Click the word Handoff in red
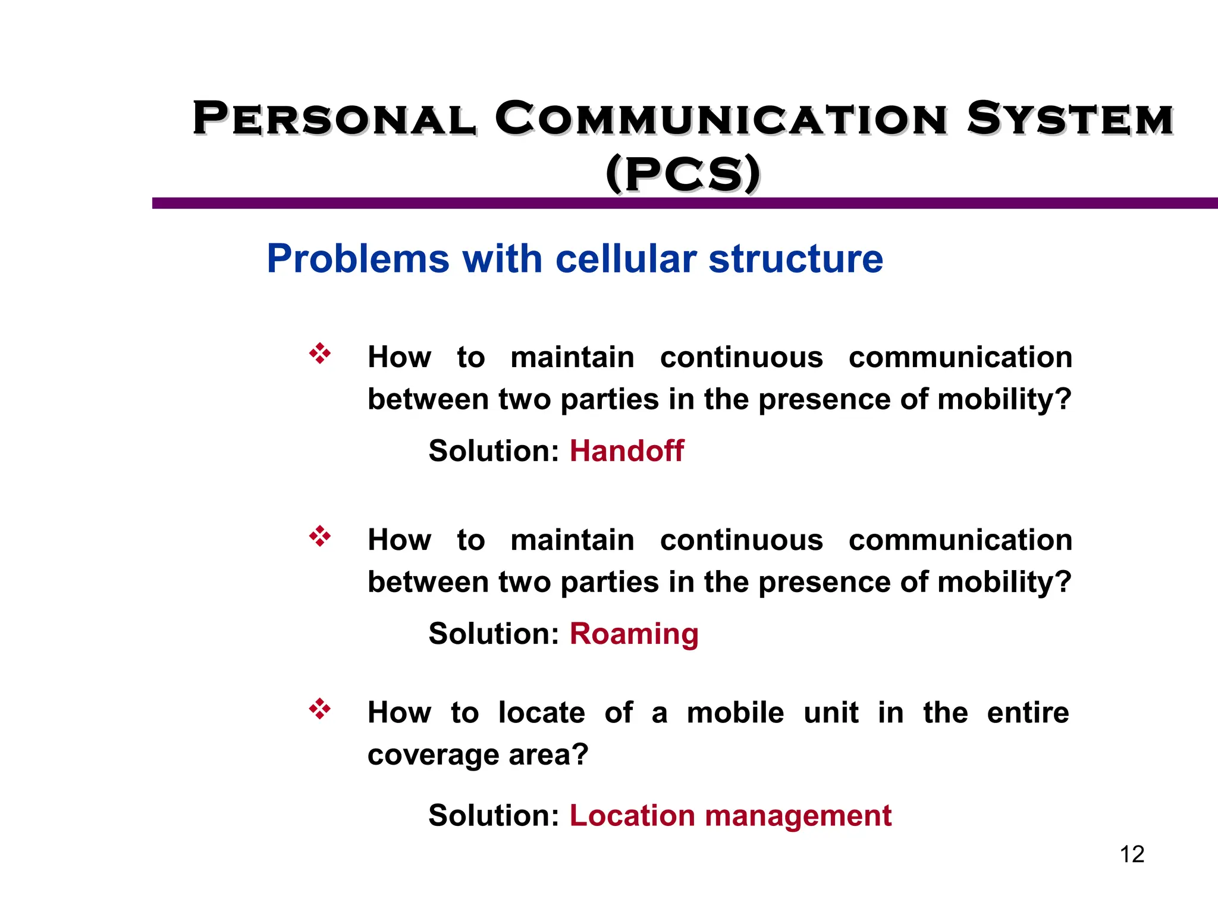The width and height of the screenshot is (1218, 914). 626,451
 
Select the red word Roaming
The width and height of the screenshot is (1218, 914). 634,634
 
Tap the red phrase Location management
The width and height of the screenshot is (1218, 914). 730,816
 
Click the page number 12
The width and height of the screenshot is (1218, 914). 1132,854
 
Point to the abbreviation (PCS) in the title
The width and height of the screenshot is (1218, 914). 683,174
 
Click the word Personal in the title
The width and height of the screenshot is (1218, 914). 334,118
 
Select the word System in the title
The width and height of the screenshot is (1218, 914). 1070,118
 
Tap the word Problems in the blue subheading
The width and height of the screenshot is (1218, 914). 358,259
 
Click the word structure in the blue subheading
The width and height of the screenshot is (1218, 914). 796,259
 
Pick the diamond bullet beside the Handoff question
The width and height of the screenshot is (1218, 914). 320,353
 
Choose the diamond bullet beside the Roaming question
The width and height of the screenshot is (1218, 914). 320,536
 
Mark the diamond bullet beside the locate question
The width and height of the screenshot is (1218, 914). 320,709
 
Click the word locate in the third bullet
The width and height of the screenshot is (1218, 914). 541,713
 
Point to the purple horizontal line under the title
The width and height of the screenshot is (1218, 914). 684,204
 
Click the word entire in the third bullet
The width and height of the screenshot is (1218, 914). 1028,713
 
